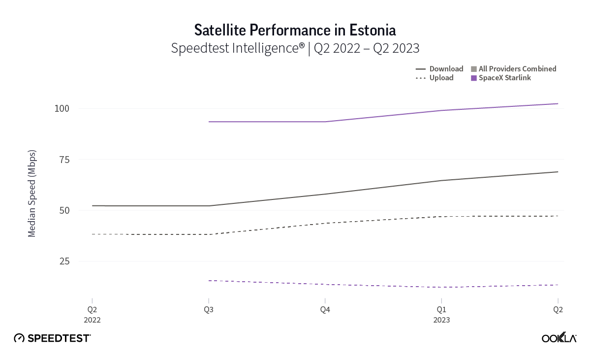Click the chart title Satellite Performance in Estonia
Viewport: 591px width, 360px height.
coord(295,30)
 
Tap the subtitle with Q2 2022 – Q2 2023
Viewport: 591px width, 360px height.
coord(295,48)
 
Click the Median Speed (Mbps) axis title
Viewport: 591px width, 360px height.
coord(32,193)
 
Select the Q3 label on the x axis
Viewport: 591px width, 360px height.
coord(209,310)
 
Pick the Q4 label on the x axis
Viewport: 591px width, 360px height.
coord(325,310)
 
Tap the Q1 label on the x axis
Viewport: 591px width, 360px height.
coord(441,310)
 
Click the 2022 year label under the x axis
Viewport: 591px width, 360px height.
coord(93,320)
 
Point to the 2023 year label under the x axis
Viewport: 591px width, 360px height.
coord(441,320)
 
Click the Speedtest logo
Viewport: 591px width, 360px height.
coord(52,338)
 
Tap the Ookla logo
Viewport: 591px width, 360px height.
coord(559,338)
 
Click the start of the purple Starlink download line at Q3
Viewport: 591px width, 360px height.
coord(209,122)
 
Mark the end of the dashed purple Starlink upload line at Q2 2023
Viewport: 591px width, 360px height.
coord(557,285)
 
